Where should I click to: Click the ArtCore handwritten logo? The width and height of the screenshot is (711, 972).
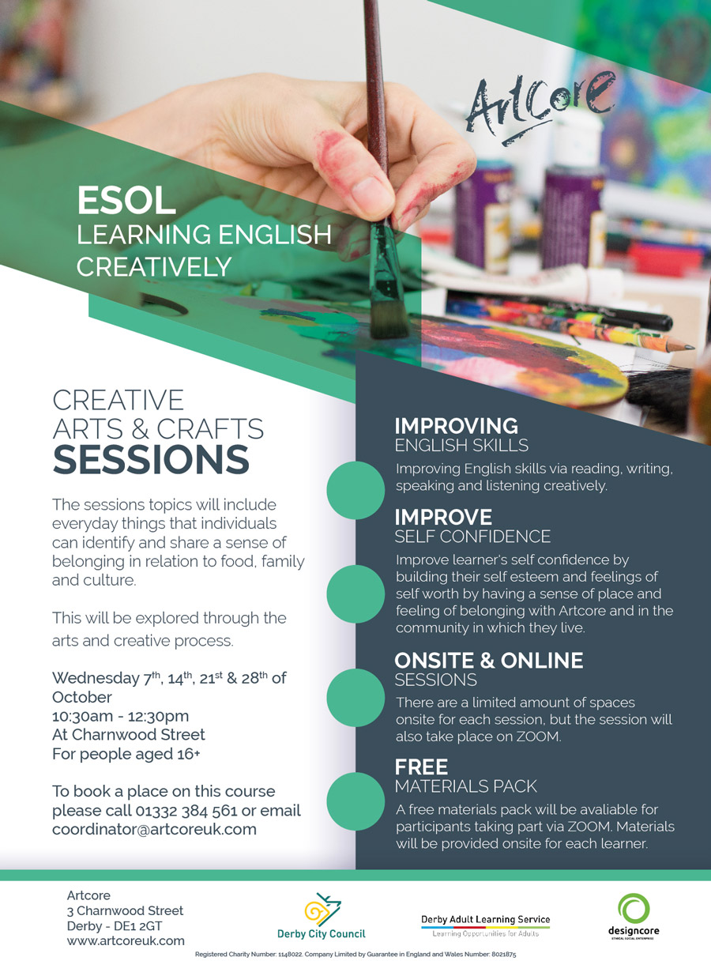[x=540, y=108]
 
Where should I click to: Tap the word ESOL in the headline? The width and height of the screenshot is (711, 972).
[x=126, y=201]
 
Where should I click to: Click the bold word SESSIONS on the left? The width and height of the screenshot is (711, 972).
[x=151, y=460]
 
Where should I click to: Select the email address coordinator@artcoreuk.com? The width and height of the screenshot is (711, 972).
[x=154, y=829]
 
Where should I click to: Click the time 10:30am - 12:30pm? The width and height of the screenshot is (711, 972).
[x=121, y=716]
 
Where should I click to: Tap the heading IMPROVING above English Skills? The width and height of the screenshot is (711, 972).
[x=457, y=426]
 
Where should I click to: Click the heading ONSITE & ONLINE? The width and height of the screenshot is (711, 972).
[x=489, y=661]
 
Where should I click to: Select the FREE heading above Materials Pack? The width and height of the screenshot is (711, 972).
[x=421, y=767]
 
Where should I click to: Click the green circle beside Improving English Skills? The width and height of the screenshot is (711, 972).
[x=355, y=490]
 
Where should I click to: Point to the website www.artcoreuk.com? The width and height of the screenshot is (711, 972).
[x=126, y=940]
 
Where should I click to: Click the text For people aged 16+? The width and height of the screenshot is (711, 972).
[x=126, y=754]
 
